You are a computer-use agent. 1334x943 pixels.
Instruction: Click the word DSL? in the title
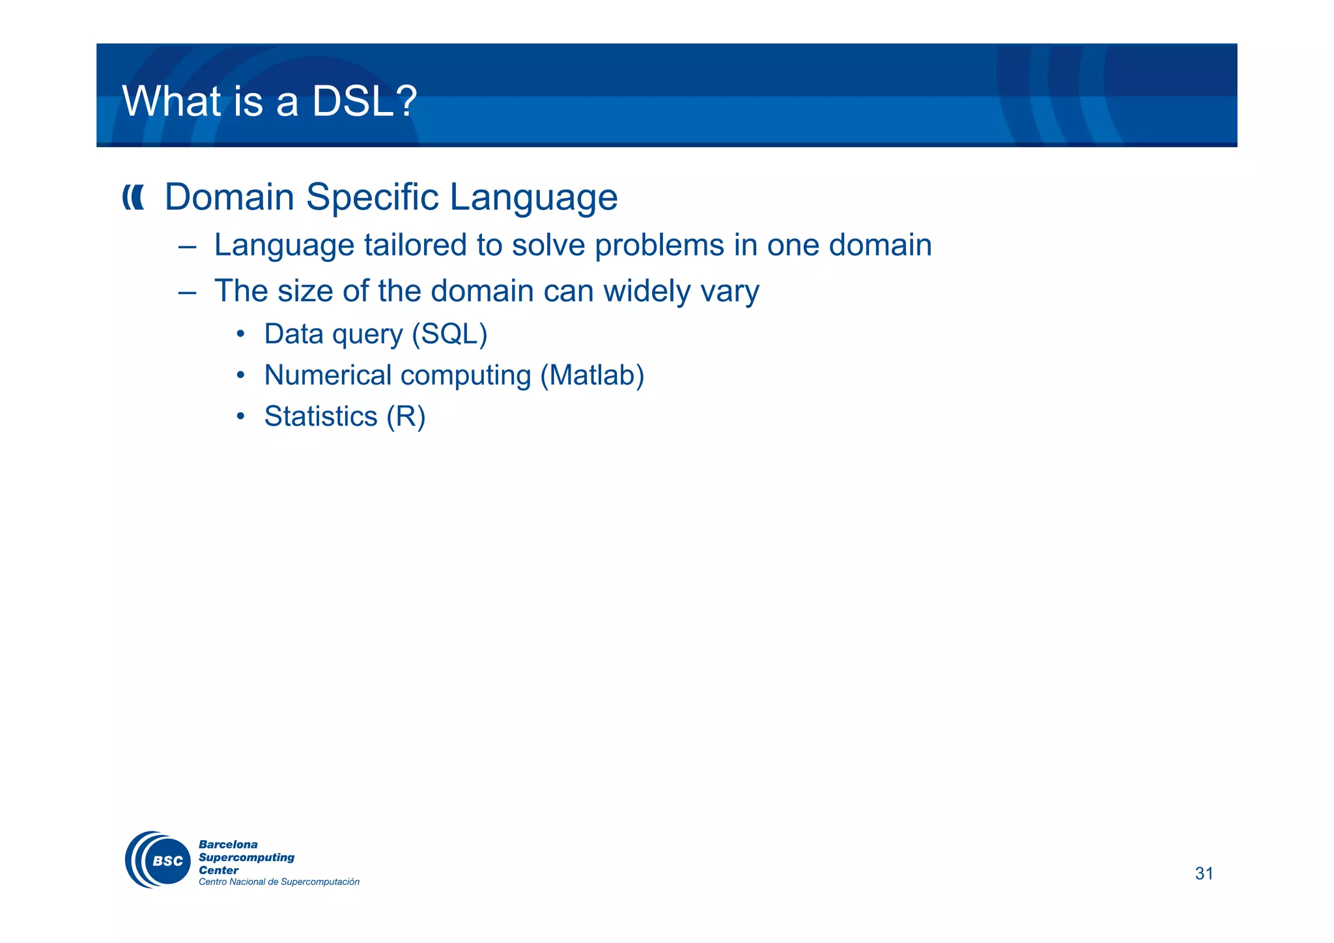tap(363, 102)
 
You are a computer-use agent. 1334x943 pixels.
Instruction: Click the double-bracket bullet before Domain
tap(133, 197)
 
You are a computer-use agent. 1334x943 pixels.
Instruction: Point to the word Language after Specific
tap(533, 197)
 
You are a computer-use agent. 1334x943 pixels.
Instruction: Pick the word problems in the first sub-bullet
tap(659, 246)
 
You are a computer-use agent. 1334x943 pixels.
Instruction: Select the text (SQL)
tap(449, 334)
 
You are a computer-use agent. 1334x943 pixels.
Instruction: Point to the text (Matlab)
tap(592, 376)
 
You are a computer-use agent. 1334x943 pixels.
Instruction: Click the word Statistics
tap(320, 416)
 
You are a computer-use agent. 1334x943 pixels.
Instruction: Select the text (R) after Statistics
tap(406, 417)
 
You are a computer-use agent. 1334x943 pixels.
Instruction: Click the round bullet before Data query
tap(240, 335)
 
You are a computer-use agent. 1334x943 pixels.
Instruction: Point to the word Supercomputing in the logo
tap(246, 858)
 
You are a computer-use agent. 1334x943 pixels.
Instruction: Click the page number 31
tap(1204, 873)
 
